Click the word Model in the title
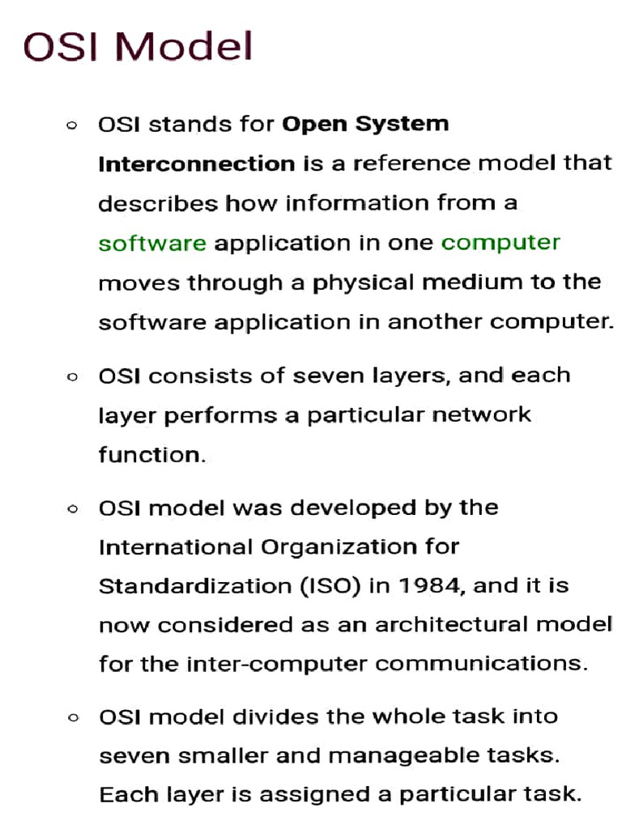185,46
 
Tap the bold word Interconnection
196,164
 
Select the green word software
152,243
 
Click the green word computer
501,243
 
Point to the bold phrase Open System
364,125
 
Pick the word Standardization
189,585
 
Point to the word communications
481,664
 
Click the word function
150,454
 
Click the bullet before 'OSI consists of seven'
73,376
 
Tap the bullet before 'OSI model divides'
73,718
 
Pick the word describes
158,203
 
